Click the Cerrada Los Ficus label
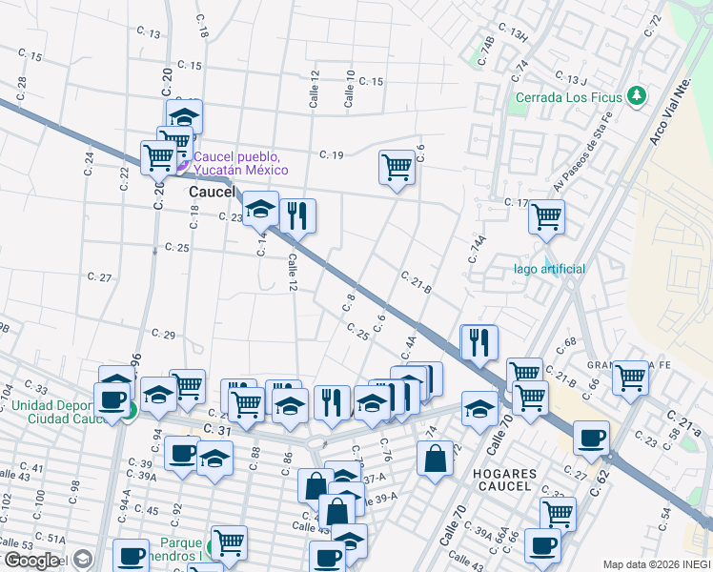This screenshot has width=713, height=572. [568, 97]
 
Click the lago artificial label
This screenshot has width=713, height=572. [548, 269]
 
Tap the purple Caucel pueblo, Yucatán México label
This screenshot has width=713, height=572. [240, 163]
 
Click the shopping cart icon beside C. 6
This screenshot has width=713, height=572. [396, 168]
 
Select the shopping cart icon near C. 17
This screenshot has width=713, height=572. [547, 217]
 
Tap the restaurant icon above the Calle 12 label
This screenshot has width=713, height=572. [296, 215]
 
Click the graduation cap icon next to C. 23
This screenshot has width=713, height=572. [260, 209]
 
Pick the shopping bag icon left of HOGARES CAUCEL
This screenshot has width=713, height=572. [435, 459]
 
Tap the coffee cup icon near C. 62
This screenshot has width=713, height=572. [592, 437]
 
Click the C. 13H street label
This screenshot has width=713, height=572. [512, 35]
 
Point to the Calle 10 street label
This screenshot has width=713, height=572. [350, 88]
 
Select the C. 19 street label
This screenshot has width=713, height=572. [331, 154]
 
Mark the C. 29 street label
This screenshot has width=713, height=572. [163, 334]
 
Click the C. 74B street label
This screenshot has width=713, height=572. [486, 49]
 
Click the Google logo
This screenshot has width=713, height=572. [31, 561]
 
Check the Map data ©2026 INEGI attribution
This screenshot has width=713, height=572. [656, 564]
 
